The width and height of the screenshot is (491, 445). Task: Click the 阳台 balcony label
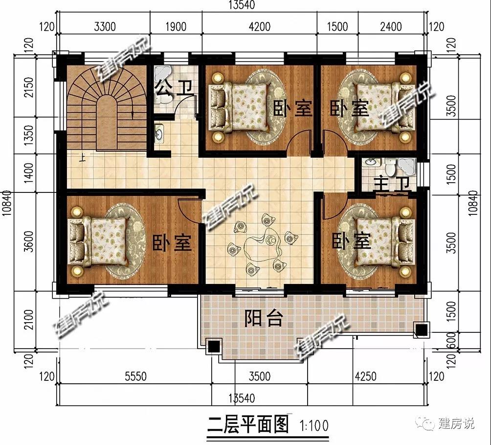click(264, 318)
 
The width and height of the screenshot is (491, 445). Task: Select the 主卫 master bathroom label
click(392, 184)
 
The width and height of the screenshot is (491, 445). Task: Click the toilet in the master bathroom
click(390, 167)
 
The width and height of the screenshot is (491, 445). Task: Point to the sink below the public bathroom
click(159, 134)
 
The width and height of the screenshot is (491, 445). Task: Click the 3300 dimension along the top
click(105, 26)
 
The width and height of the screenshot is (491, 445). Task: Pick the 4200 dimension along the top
click(260, 26)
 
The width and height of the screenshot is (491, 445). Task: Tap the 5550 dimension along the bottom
click(135, 376)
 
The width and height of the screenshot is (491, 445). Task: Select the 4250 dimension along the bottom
click(365, 376)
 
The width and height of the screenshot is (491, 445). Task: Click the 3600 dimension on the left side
click(28, 241)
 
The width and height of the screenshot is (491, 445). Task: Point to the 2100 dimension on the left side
click(28, 319)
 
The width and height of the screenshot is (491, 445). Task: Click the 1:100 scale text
click(314, 425)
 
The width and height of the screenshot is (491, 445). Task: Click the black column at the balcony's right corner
click(421, 329)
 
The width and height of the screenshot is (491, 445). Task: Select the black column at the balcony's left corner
click(214, 346)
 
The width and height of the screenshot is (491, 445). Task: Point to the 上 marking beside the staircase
click(82, 157)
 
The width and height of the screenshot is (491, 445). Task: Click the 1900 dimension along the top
click(176, 26)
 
